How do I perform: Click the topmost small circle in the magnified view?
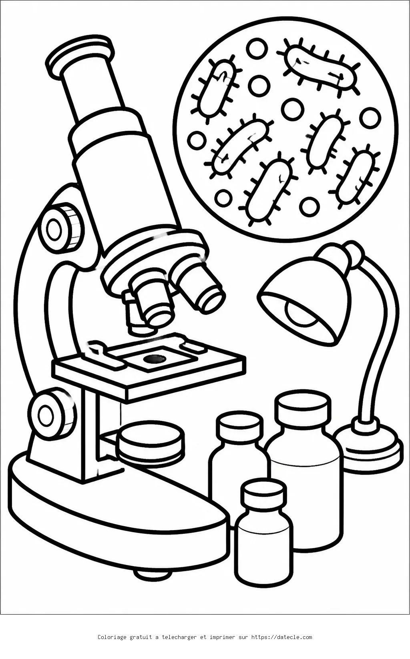point(257,49)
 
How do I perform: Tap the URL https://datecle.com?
point(281,637)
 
